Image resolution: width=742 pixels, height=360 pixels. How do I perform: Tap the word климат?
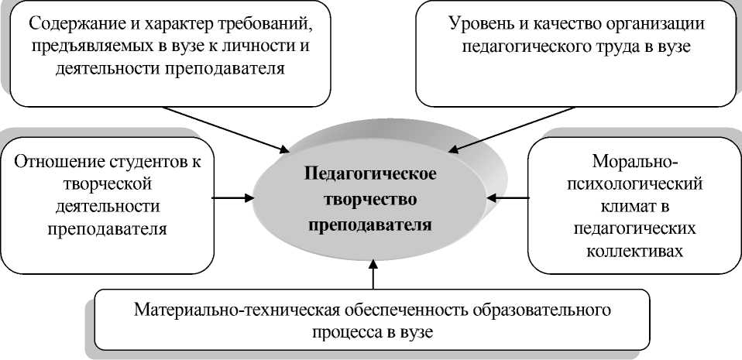[634, 207]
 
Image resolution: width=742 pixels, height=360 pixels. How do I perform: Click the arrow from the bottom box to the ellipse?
[374, 276]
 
